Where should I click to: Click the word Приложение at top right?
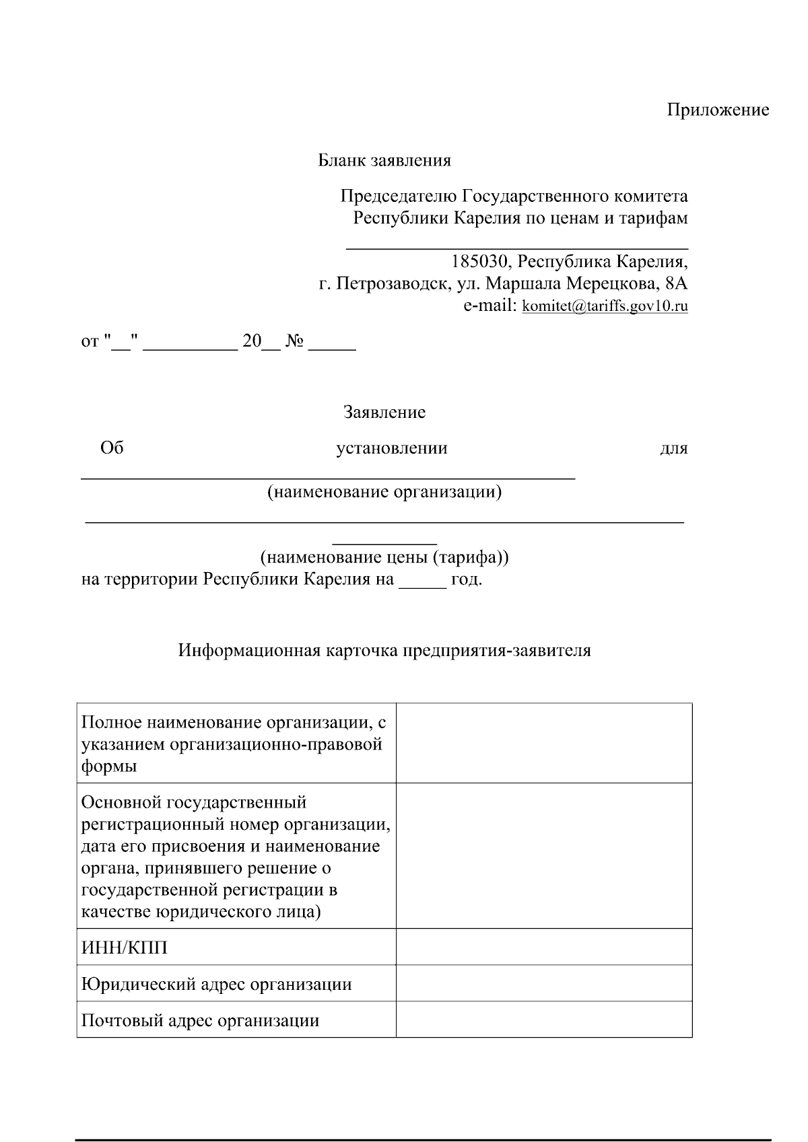718,110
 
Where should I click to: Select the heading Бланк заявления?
384,161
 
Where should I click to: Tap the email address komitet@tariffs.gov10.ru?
605,307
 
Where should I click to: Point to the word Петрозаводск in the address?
392,284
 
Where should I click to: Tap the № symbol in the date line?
294,342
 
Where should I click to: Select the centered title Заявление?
384,413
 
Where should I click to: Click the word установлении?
392,449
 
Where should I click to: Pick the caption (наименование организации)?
384,492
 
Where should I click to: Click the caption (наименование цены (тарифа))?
384,558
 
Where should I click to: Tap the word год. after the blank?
467,579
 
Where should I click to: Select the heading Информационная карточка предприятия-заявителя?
384,651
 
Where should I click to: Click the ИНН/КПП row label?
125,948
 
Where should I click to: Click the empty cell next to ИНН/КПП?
543,947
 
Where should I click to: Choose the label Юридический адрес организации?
216,985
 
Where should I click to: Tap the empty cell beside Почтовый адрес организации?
543,1020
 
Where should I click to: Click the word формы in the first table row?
109,766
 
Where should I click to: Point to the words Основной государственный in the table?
194,803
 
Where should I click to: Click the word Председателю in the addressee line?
399,197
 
